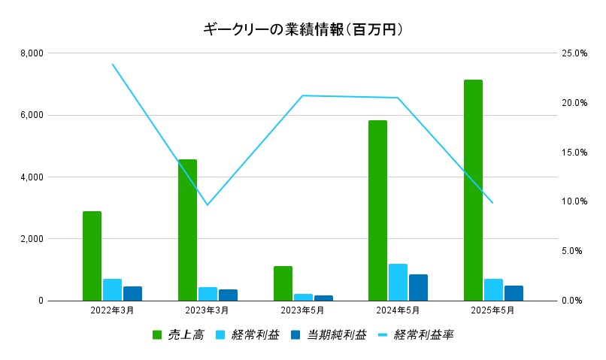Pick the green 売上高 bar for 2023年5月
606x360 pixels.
[283, 283]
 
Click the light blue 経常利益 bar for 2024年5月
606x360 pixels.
[398, 282]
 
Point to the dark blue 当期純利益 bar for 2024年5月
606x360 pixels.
[418, 287]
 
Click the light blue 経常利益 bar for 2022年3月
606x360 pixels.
[112, 289]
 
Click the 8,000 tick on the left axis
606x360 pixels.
[31, 53]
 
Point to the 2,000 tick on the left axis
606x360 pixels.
[31, 239]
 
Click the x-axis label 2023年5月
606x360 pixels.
[303, 310]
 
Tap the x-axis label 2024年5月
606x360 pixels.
[398, 310]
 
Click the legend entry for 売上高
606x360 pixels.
[178, 335]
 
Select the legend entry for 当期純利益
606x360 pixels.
[329, 335]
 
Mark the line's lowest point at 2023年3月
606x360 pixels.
[208, 205]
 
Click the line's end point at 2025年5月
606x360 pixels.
[492, 203]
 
